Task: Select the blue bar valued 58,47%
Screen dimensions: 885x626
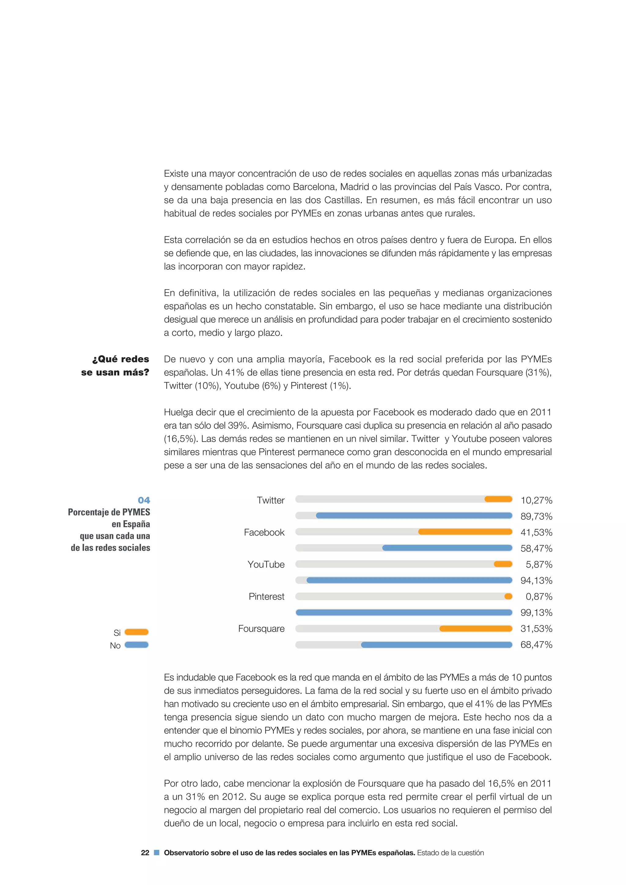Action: point(447,548)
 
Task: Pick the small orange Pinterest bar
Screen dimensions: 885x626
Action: point(508,596)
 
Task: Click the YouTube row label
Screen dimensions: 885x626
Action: point(266,564)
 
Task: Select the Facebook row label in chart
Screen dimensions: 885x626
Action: point(264,532)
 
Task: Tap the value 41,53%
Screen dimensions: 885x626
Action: point(536,532)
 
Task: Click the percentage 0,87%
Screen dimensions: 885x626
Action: point(539,597)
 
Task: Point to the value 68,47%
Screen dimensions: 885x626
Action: point(536,645)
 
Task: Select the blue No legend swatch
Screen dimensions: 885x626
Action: point(136,645)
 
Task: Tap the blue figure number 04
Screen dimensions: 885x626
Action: point(144,500)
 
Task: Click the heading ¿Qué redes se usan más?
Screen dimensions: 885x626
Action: point(115,365)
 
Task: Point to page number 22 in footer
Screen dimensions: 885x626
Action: point(145,853)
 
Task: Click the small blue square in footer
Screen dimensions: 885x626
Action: point(156,853)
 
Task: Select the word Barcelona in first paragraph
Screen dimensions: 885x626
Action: point(315,187)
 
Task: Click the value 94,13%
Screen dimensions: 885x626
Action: point(536,581)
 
